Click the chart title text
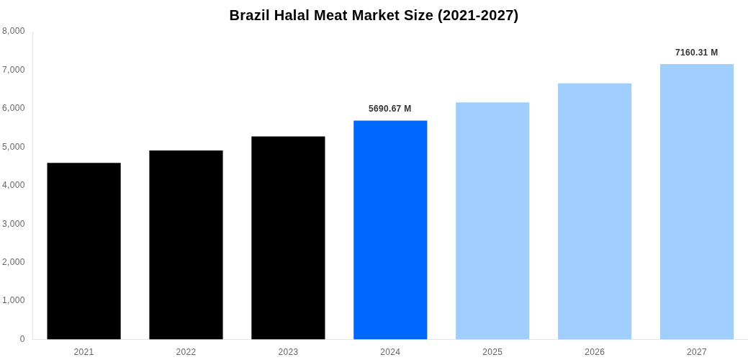click(x=374, y=15)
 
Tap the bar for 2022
click(x=186, y=245)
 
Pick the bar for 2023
click(x=288, y=238)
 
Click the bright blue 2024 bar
click(x=390, y=230)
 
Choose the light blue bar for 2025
click(x=492, y=220)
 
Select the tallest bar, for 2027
click(x=697, y=202)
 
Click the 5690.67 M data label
click(x=389, y=109)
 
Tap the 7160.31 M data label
click(x=696, y=53)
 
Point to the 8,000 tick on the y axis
click(x=14, y=31)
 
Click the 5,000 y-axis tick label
click(x=14, y=147)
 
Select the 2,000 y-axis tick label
click(x=14, y=262)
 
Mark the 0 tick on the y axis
click(x=22, y=339)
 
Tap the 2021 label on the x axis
click(x=84, y=352)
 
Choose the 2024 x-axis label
click(x=390, y=352)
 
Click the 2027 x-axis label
click(x=697, y=352)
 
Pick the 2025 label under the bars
click(x=492, y=352)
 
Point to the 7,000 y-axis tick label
click(x=14, y=70)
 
